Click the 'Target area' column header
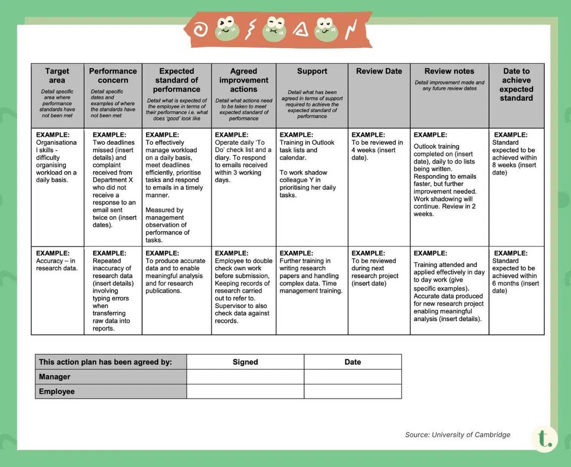pos(57,76)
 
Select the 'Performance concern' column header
pos(113,76)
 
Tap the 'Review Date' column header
pos(379,71)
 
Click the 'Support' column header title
pos(312,71)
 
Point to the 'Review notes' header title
pos(449,71)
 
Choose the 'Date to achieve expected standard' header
pos(516,85)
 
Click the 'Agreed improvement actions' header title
pos(243,80)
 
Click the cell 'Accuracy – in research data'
pos(57,261)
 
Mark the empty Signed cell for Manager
pos(245,377)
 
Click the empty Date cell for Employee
pos(353,391)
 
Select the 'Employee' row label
pos(57,391)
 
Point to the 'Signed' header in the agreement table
pos(245,362)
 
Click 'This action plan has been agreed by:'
pos(105,362)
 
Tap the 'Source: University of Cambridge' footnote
pos(457,434)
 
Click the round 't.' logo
pos(544,438)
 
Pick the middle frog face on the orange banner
pos(274,29)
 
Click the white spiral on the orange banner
pos(200,30)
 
